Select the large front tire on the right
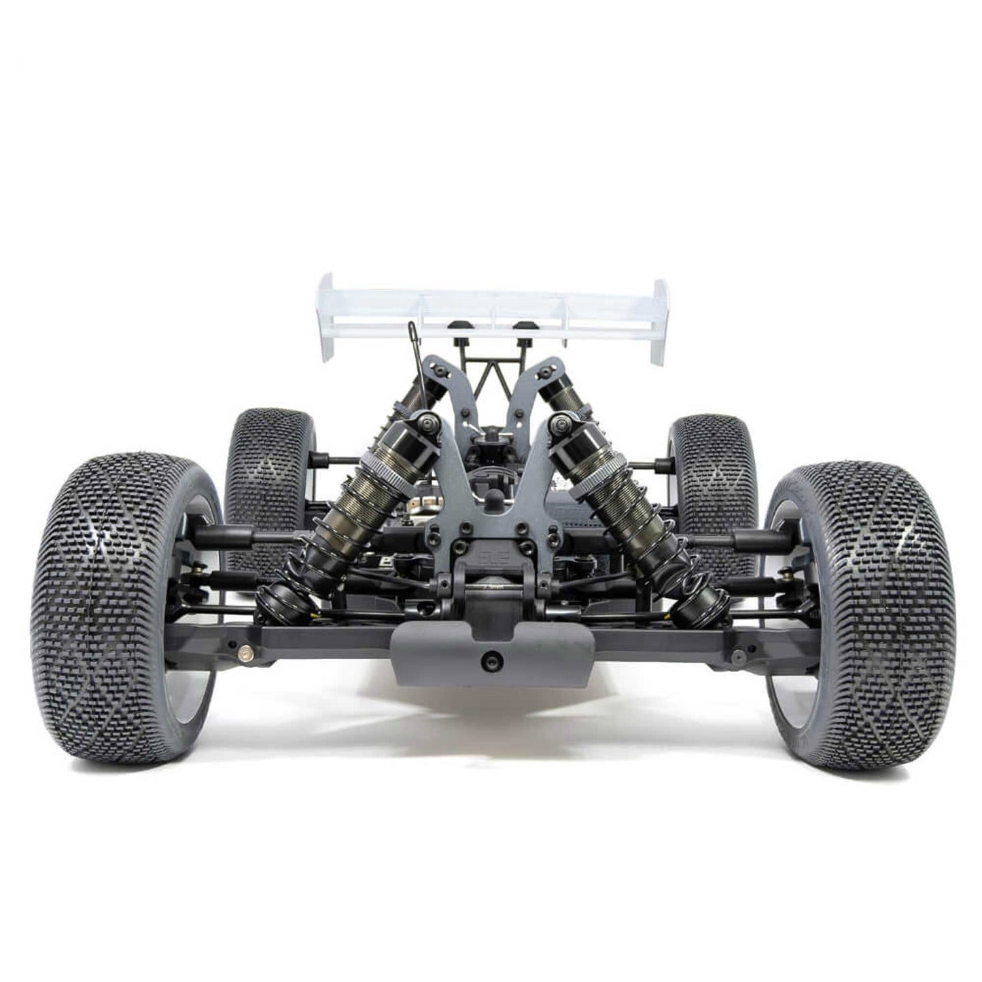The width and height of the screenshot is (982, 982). pyautogui.click(x=860, y=615)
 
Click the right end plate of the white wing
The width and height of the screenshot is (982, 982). pyautogui.click(x=660, y=319)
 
